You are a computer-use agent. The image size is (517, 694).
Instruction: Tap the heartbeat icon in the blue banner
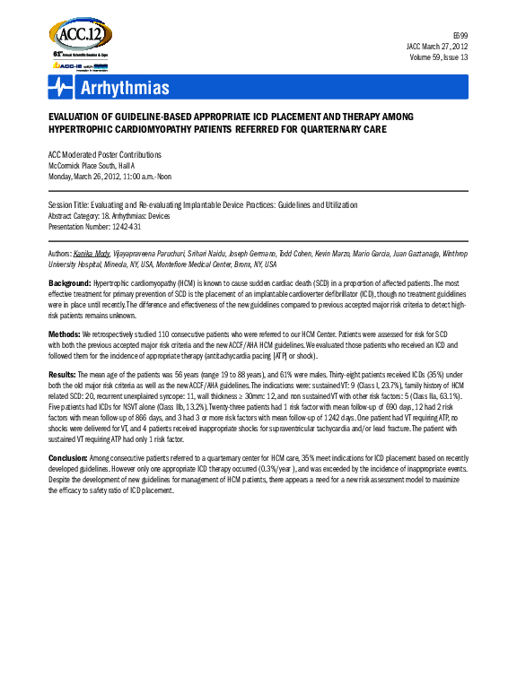tap(61, 87)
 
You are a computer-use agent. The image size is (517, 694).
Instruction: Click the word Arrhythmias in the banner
tap(125, 88)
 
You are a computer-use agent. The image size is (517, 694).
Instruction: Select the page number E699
tap(459, 34)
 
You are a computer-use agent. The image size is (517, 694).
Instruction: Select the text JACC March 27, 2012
tap(436, 46)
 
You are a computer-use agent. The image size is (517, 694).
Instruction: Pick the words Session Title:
tap(72, 205)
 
